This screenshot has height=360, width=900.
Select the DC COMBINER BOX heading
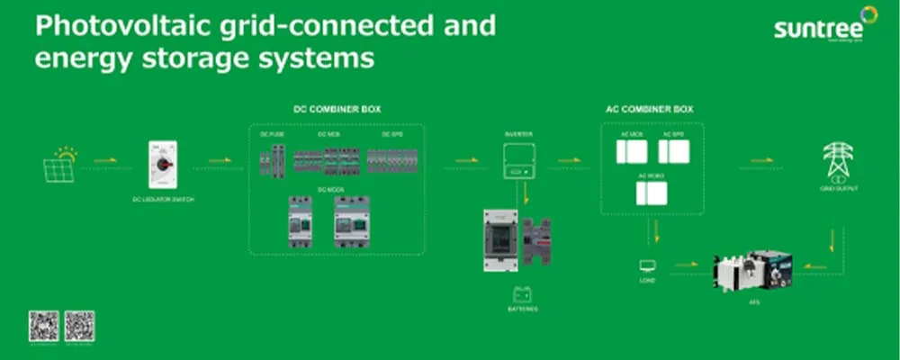(337, 109)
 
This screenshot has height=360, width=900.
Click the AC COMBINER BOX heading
(649, 109)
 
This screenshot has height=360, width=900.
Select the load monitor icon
(647, 265)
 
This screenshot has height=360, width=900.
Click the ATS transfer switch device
(754, 269)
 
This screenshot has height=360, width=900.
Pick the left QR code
(43, 325)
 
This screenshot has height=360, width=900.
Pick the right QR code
(79, 325)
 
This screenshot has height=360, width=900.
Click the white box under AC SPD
(673, 151)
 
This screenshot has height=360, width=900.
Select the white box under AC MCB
(632, 151)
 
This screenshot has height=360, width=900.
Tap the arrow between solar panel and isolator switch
(106, 161)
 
